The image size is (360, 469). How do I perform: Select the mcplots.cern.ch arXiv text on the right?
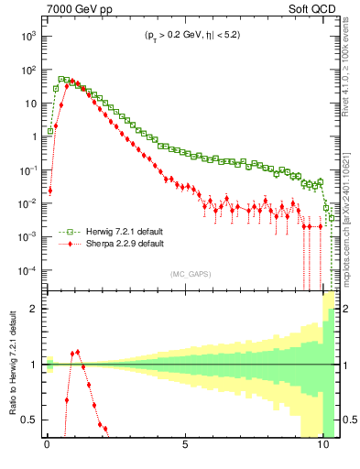(351, 211)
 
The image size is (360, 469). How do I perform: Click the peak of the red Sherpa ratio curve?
(77, 351)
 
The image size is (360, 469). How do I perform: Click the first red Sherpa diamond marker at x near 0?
(49, 191)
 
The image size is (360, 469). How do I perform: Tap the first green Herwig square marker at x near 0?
(49, 131)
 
